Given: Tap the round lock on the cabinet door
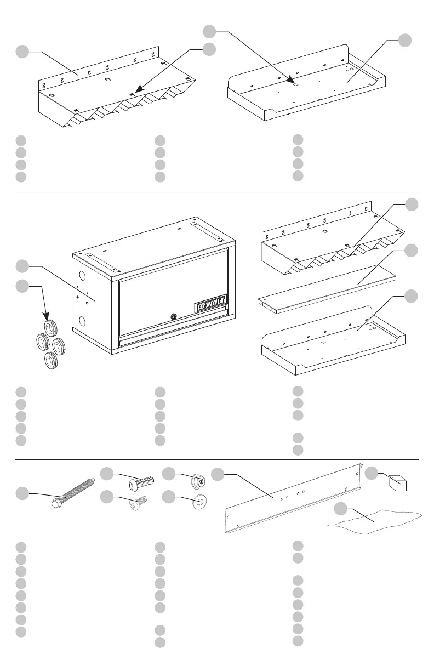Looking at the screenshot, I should pyautogui.click(x=174, y=316).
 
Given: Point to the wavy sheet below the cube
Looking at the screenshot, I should pyautogui.click(x=375, y=518).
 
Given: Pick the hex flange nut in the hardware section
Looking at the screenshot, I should pyautogui.click(x=198, y=480).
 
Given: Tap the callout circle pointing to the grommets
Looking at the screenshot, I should pyautogui.click(x=22, y=286).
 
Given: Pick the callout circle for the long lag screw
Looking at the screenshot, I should pyautogui.click(x=22, y=493).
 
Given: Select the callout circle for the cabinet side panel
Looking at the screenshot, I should pyautogui.click(x=22, y=267).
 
